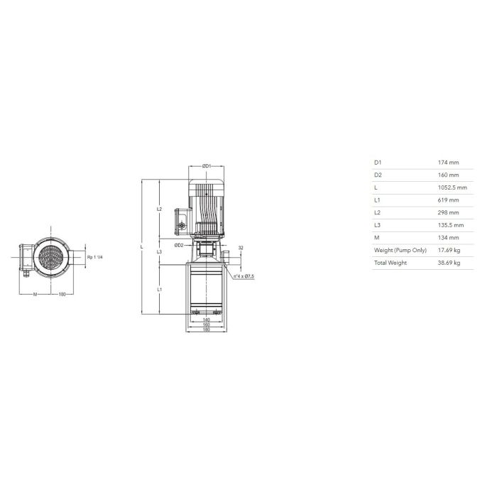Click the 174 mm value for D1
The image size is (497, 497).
pos(448,163)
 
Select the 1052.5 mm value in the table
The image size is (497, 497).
pos(452,187)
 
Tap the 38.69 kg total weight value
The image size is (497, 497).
pos(449,263)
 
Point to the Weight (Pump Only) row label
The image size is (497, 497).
pos(400,251)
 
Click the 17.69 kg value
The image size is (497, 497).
pos(449,251)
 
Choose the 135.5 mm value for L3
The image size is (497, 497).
pos(451,225)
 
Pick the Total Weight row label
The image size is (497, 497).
pos(390,263)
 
